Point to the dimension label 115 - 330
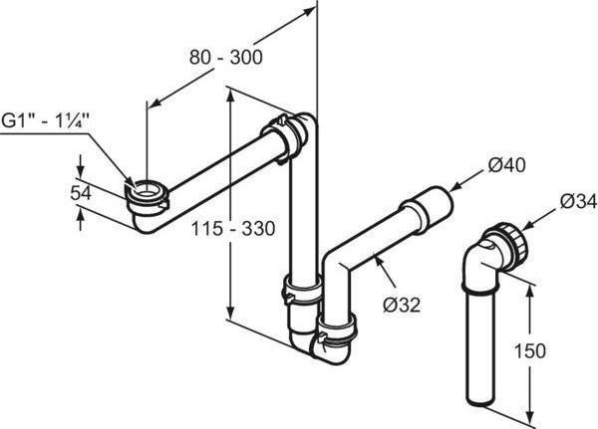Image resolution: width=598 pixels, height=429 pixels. (230, 229)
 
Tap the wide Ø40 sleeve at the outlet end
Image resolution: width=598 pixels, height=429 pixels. (429, 208)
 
